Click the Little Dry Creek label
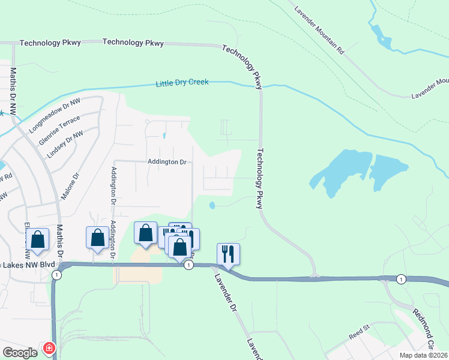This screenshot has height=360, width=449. pyautogui.click(x=182, y=83)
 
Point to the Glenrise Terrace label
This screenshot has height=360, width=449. pyautogui.click(x=59, y=129)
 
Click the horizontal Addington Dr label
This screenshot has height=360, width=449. pyautogui.click(x=167, y=162)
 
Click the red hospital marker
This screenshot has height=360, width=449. pyautogui.click(x=49, y=348)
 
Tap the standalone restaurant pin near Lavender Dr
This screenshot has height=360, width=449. pyautogui.click(x=228, y=253)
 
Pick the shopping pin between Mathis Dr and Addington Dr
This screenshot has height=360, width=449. pyautogui.click(x=97, y=238)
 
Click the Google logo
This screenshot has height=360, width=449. pyautogui.click(x=19, y=353)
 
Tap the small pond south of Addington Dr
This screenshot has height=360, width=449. pyautogui.click(x=212, y=206)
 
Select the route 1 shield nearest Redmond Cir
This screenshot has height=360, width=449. pyautogui.click(x=401, y=279)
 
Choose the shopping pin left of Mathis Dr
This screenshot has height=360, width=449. pyautogui.click(x=37, y=239)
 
